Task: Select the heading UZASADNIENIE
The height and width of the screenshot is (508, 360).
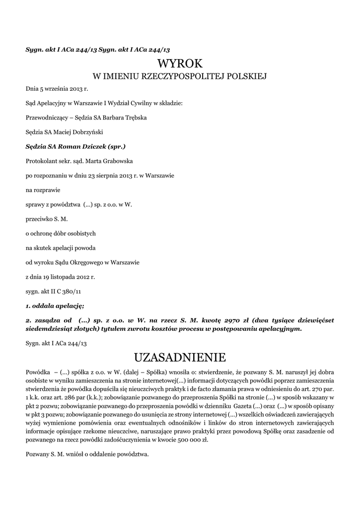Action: [x=180, y=357]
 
